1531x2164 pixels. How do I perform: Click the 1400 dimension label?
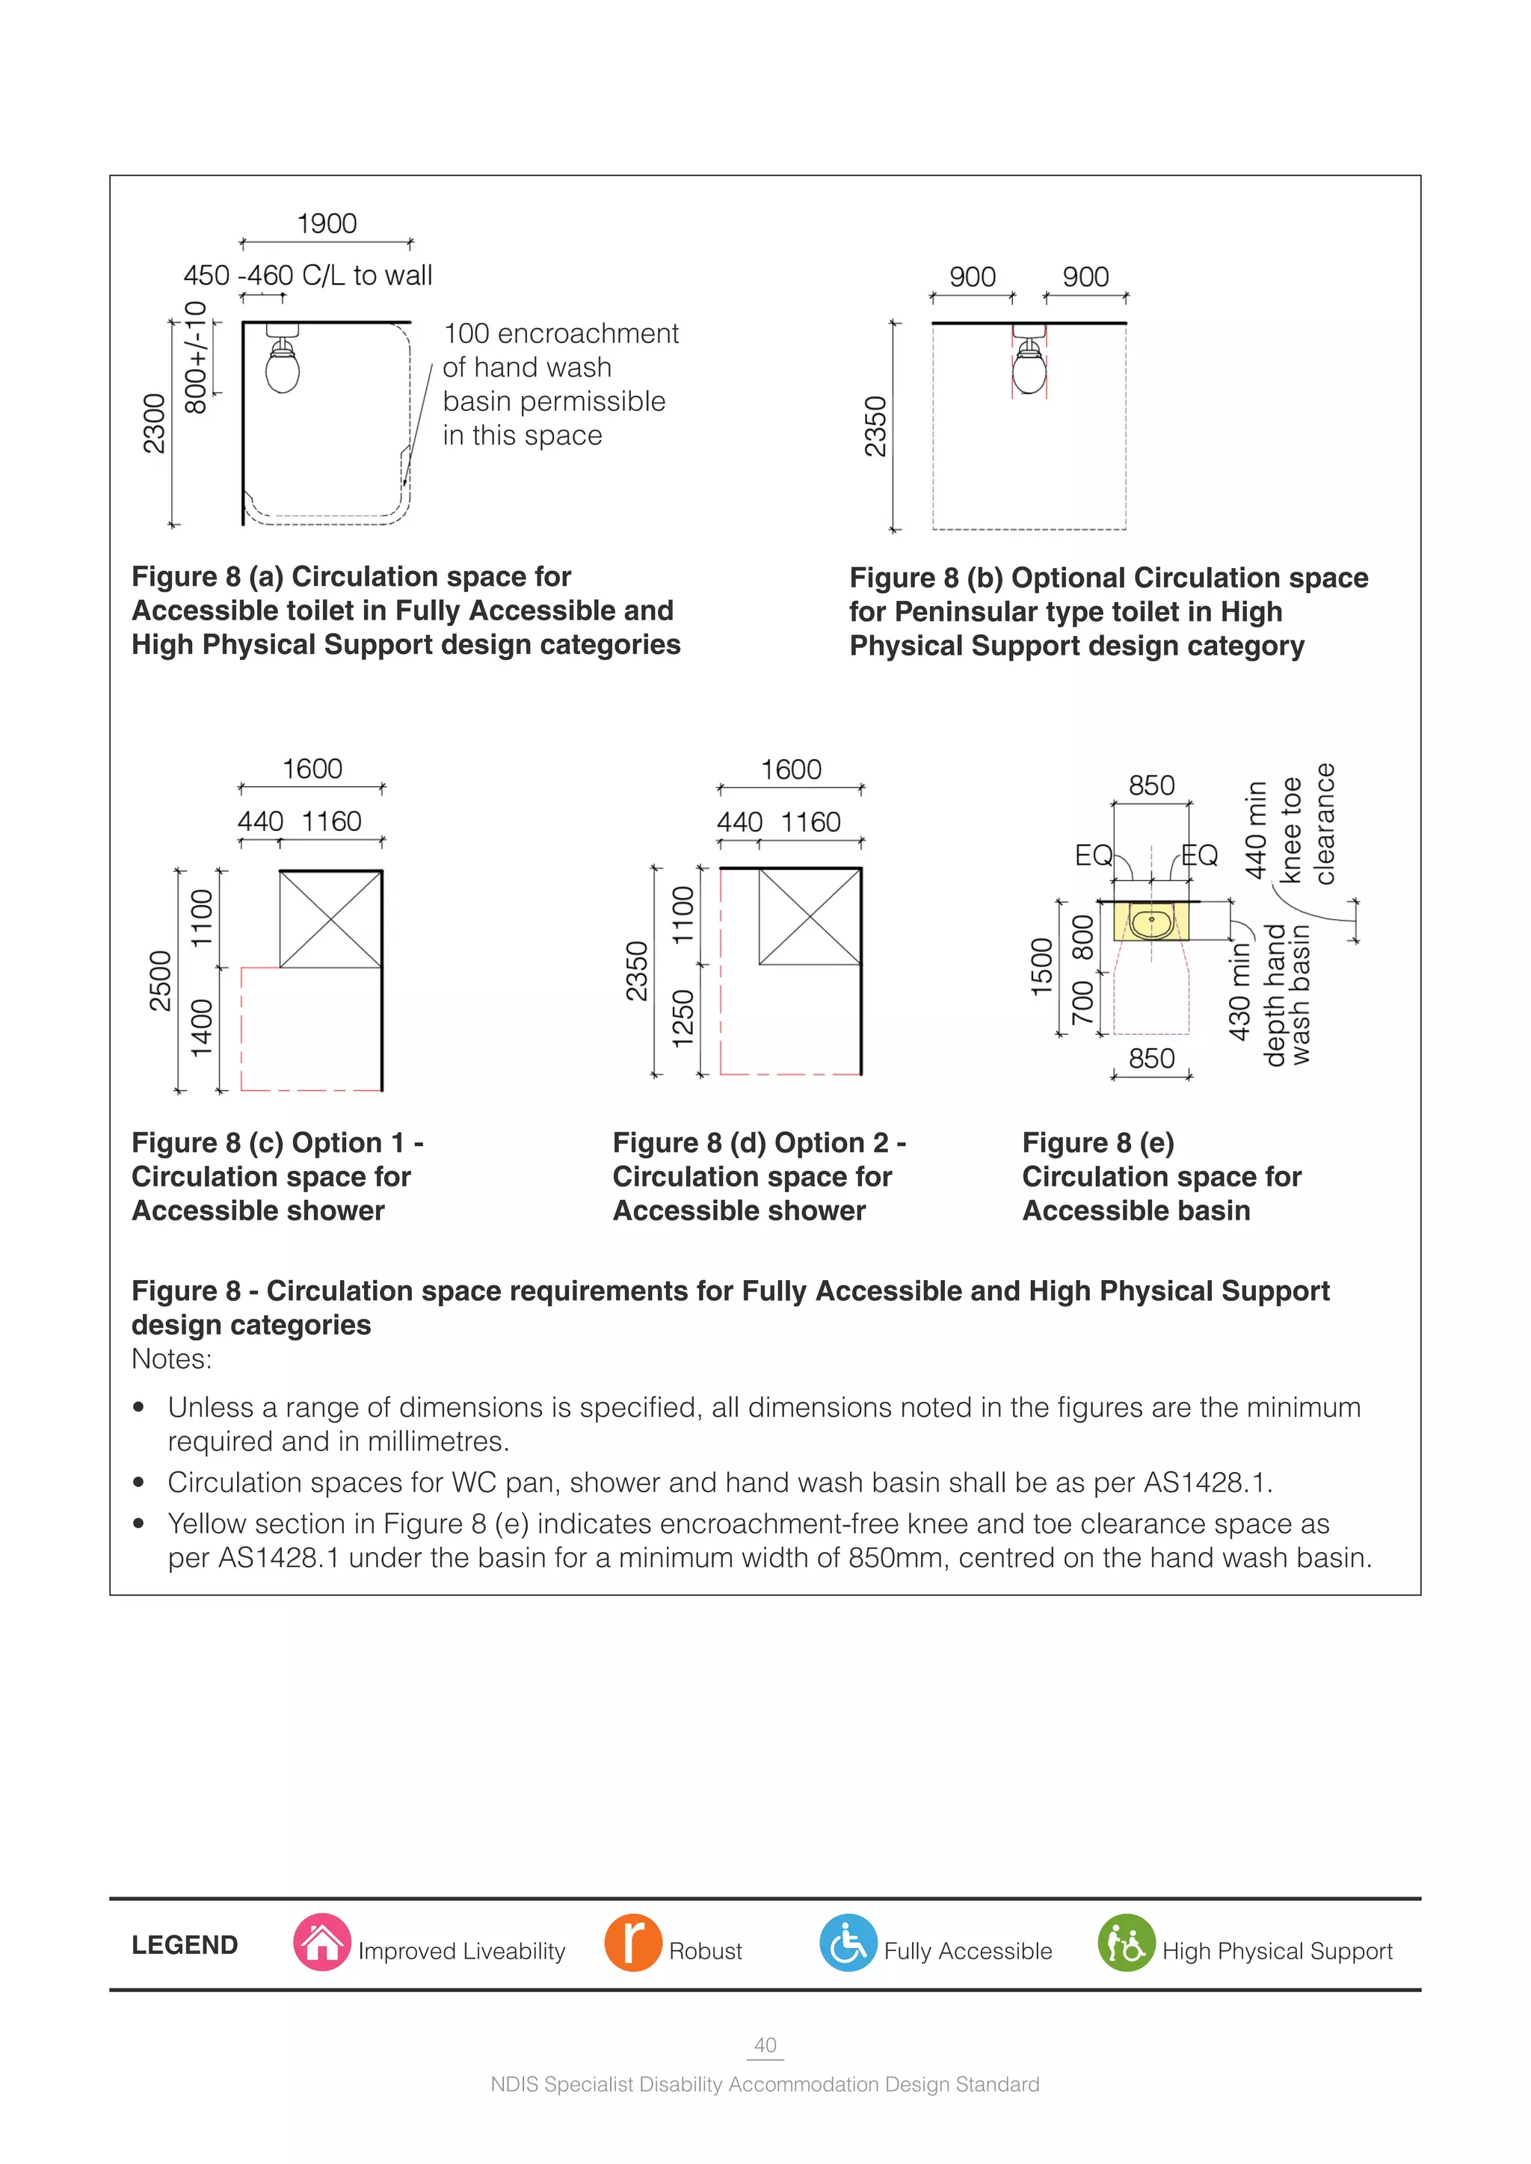pyautogui.click(x=202, y=1028)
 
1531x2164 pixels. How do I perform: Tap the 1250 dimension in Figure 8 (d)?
pyautogui.click(x=683, y=1018)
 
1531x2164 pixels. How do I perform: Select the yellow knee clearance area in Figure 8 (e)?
pyautogui.click(x=1150, y=921)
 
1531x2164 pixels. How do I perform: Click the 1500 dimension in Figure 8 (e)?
pyautogui.click(x=1041, y=967)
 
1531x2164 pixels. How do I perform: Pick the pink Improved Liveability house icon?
pyautogui.click(x=322, y=1943)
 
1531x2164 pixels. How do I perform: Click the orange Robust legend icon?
pyautogui.click(x=632, y=1943)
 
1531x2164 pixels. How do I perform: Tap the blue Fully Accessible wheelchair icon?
pyautogui.click(x=848, y=1943)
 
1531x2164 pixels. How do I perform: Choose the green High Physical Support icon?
pyautogui.click(x=1126, y=1943)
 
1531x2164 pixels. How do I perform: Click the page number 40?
pyautogui.click(x=765, y=2044)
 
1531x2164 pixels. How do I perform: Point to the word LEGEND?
pyautogui.click(x=185, y=1944)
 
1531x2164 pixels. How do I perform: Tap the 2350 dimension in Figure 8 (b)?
pyautogui.click(x=876, y=426)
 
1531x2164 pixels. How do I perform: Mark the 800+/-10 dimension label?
pyautogui.click(x=195, y=357)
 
